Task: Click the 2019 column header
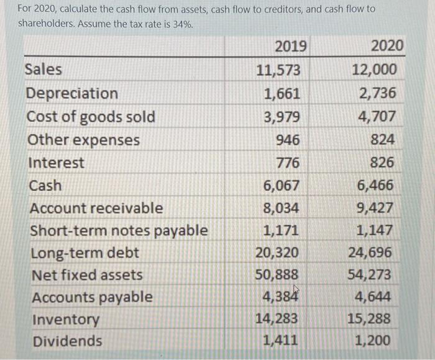(x=290, y=46)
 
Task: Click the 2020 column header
(x=387, y=46)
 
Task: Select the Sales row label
(x=43, y=70)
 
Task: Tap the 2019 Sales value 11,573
(x=278, y=70)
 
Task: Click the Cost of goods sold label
(x=91, y=117)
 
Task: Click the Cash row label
(x=45, y=185)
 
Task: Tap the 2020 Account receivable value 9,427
(x=374, y=208)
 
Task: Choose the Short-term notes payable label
(x=119, y=231)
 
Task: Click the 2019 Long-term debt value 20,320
(x=277, y=253)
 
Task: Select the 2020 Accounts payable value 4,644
(x=373, y=297)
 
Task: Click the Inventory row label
(x=65, y=320)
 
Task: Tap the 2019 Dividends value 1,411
(x=281, y=341)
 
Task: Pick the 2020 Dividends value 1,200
(x=373, y=341)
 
